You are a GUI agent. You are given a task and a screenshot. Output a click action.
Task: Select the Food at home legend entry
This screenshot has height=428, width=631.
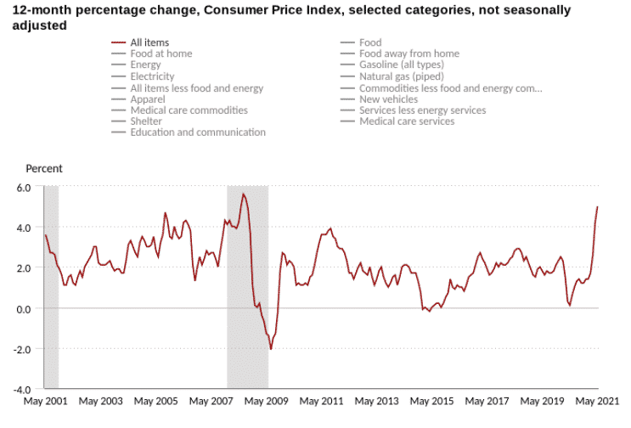(161, 53)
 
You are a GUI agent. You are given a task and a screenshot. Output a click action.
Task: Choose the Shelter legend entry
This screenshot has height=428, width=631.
(149, 121)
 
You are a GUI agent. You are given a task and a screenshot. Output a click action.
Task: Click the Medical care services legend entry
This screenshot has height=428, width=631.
(406, 121)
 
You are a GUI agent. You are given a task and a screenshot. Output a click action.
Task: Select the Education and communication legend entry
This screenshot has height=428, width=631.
(197, 132)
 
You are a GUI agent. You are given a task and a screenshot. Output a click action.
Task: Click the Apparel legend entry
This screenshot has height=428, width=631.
(149, 99)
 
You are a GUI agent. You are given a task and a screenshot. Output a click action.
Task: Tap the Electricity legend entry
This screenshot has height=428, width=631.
(153, 76)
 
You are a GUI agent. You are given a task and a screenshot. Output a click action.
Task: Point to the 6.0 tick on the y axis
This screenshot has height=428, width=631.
(23, 186)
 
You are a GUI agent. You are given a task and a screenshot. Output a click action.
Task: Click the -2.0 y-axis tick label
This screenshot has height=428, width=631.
(21, 349)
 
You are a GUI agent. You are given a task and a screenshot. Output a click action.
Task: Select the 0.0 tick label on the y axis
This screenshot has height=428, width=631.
(23, 308)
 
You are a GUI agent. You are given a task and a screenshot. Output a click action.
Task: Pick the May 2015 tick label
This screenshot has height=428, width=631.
(431, 401)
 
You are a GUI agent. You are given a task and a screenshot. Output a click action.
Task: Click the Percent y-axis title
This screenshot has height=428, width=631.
(44, 169)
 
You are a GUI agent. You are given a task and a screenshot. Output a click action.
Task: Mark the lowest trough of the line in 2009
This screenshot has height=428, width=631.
(271, 349)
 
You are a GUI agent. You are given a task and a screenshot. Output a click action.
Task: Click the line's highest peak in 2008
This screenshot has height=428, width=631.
(243, 194)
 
